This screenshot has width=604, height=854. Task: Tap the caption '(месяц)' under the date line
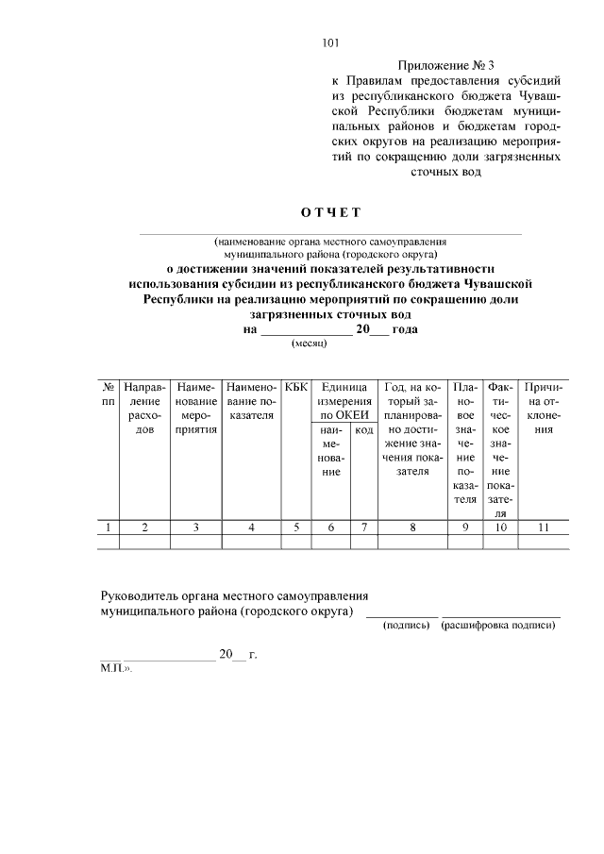308,344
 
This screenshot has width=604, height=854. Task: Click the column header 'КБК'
296,387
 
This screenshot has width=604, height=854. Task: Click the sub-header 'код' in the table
363,429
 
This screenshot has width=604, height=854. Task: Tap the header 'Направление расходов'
144,408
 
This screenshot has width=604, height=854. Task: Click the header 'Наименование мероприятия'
195,408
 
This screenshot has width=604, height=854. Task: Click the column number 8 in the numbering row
412,527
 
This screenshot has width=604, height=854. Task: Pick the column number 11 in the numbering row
543,527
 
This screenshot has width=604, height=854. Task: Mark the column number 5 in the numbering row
296,527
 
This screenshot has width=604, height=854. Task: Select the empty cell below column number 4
251,542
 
